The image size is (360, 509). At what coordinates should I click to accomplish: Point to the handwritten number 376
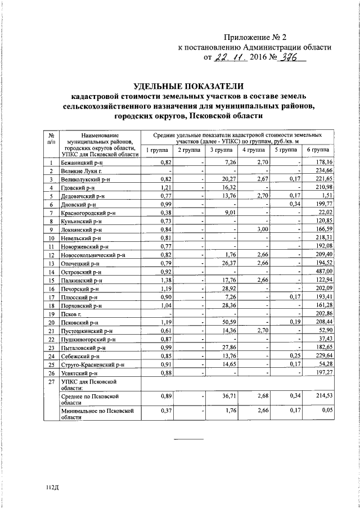pos(290,57)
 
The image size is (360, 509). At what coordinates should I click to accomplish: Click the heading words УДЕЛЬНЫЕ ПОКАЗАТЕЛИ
pos(189,86)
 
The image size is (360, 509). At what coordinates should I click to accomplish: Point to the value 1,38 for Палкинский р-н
pos(164,280)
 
